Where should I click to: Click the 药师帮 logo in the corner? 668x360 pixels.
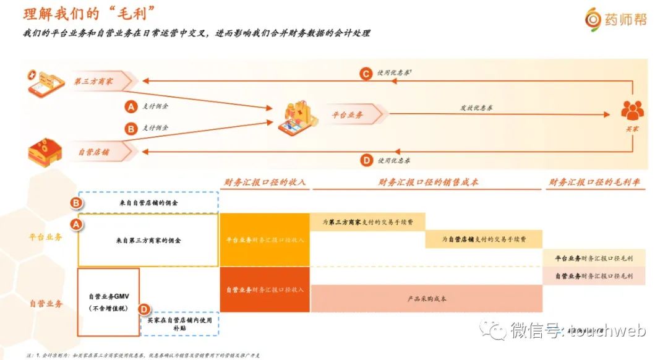(x=615, y=19)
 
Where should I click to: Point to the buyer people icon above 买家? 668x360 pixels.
(x=632, y=109)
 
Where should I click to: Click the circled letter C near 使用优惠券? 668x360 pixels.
(x=366, y=74)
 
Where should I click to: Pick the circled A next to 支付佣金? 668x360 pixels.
(x=131, y=106)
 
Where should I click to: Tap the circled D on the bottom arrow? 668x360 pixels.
(x=366, y=160)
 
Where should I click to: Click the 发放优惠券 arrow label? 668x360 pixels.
(x=476, y=108)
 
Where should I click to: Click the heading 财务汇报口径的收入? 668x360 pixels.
(x=264, y=182)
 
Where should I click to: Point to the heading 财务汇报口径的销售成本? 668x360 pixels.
(x=428, y=182)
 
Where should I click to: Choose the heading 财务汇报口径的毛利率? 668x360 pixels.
(x=594, y=182)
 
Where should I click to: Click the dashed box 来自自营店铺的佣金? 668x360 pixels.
(x=148, y=202)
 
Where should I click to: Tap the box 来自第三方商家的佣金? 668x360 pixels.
(x=148, y=240)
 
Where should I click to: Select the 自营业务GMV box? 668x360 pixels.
(x=108, y=302)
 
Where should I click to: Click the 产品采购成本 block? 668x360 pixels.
(x=427, y=299)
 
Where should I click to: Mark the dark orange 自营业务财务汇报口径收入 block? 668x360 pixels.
(x=265, y=289)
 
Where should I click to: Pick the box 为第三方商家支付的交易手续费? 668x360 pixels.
(x=367, y=221)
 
